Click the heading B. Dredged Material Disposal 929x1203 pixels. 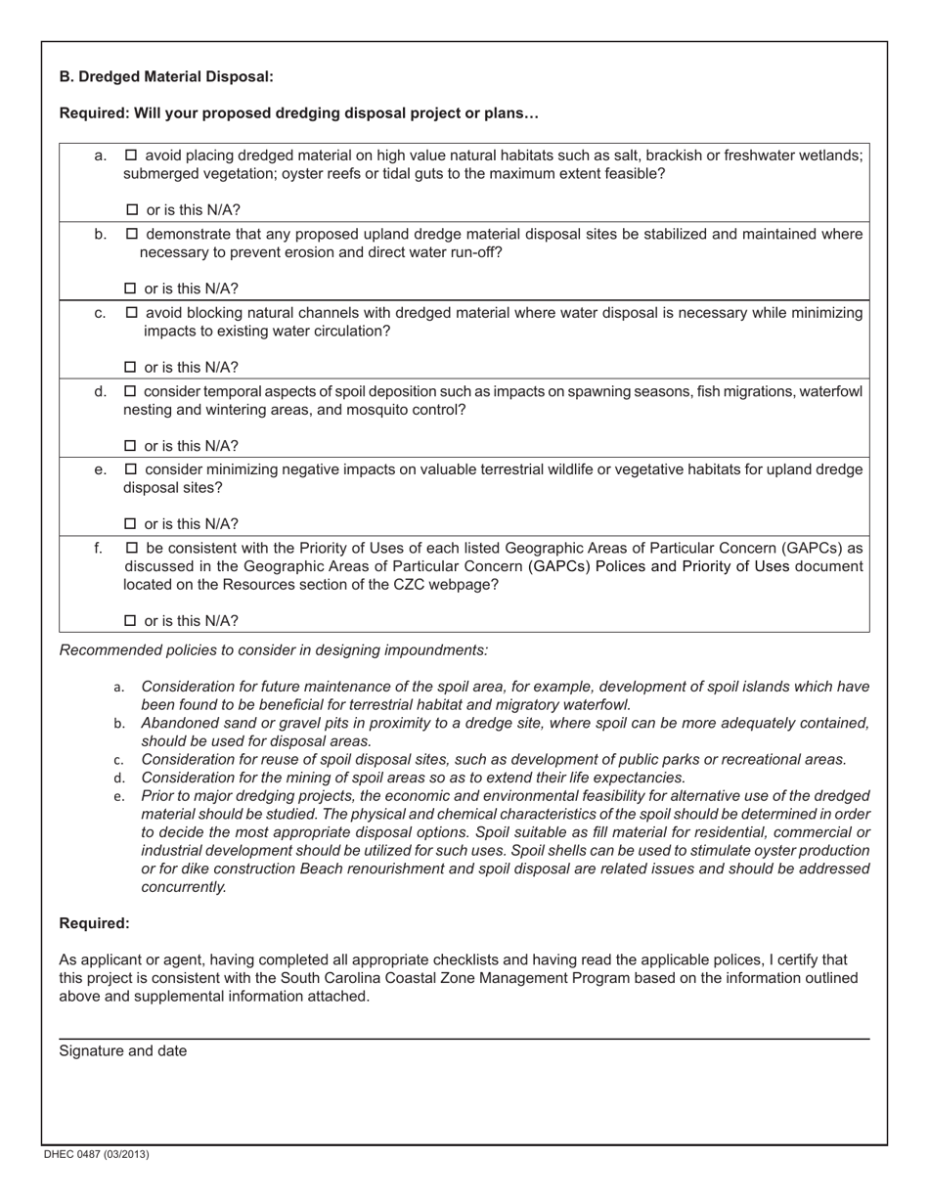coord(166,76)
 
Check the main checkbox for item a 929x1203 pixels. coord(132,156)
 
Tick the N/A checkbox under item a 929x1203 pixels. coord(132,210)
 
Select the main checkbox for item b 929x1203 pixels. coord(132,235)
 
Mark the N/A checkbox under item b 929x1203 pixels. coord(131,290)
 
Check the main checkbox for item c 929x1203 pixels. coord(132,313)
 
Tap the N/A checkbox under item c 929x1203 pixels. coord(131,368)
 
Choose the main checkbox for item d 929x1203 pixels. coord(132,392)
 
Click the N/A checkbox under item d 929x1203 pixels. coord(131,446)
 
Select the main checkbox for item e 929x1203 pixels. coord(132,469)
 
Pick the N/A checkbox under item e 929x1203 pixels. coord(131,524)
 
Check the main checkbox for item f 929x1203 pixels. coord(132,548)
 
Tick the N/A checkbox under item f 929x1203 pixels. coord(131,621)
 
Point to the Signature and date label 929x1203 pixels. coord(123,1051)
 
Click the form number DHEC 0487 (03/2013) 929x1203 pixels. coord(96,1154)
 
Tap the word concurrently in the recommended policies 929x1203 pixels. coord(184,887)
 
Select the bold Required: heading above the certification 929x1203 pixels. coord(94,923)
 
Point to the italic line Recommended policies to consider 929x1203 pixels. coord(274,650)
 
